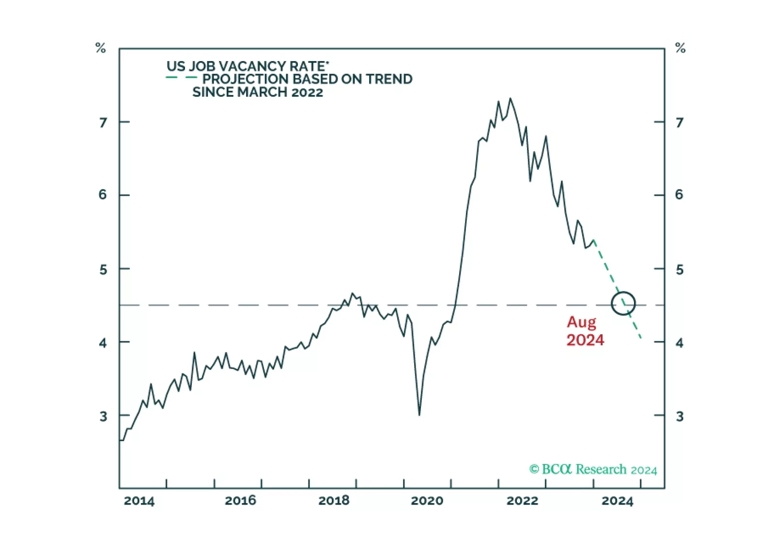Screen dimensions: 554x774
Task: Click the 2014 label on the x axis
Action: (x=139, y=501)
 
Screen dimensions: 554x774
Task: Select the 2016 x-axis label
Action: (x=240, y=501)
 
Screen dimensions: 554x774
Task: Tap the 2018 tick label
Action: (x=334, y=501)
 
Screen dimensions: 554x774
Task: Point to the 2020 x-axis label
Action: (x=427, y=501)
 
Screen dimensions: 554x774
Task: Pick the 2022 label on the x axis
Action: (x=522, y=501)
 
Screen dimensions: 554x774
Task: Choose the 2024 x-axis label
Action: (x=617, y=501)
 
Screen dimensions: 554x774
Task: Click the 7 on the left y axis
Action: (x=103, y=123)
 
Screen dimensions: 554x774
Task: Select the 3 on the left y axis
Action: (x=103, y=416)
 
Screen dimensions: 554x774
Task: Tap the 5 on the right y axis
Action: (x=680, y=270)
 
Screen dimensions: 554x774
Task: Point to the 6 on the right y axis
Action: (x=679, y=195)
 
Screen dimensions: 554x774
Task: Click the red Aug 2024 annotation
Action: (x=585, y=331)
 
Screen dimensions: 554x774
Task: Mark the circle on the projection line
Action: (x=623, y=304)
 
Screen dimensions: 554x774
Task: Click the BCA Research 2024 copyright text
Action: (x=593, y=469)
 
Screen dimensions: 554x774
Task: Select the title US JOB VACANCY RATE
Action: (x=247, y=66)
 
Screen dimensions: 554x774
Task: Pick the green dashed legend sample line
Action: (x=181, y=77)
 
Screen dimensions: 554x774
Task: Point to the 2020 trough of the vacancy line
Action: (x=419, y=415)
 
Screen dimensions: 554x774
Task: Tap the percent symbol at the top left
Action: (x=100, y=48)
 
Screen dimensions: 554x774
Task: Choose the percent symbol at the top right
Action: (x=680, y=48)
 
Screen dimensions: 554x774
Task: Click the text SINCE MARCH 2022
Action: (x=257, y=92)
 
